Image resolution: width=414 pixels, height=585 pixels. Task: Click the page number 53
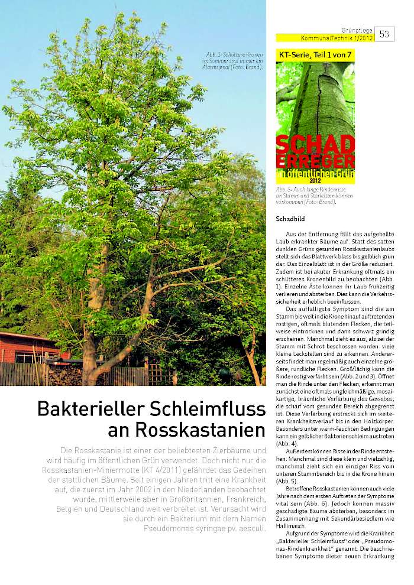(384, 34)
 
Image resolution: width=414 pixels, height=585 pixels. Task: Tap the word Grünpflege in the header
(357, 30)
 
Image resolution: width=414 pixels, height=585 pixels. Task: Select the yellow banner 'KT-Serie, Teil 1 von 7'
(315, 54)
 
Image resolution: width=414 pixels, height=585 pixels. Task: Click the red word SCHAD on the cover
(315, 145)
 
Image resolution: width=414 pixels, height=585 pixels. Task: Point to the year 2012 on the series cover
(315, 180)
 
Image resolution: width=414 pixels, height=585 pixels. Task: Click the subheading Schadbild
(289, 219)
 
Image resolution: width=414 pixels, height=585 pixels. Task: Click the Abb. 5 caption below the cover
(305, 196)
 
